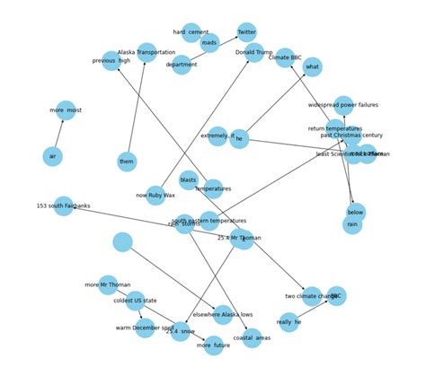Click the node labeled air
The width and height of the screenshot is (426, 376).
(53, 156)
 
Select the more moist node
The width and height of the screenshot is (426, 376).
(66, 110)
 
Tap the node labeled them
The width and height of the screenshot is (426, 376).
(127, 162)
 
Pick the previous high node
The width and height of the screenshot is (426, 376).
(111, 61)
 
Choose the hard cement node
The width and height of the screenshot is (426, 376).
(191, 33)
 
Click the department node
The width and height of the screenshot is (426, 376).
(182, 65)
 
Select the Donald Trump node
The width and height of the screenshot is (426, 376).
(254, 53)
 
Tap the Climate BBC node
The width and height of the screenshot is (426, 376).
(285, 58)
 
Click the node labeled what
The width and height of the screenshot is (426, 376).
(312, 66)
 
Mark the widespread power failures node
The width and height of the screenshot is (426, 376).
(343, 105)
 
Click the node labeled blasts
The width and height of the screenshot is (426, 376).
(188, 179)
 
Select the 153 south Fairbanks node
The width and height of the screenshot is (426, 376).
(63, 206)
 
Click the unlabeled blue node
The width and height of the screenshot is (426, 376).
(122, 242)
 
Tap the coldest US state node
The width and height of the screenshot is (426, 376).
(135, 301)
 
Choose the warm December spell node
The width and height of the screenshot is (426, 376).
(145, 328)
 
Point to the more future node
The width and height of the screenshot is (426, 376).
(213, 345)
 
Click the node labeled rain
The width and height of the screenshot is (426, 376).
(352, 225)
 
